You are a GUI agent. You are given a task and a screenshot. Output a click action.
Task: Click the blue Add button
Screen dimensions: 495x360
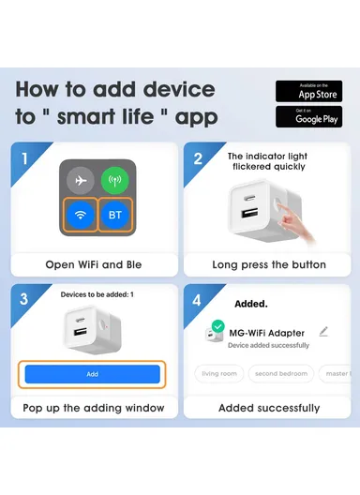click(x=92, y=373)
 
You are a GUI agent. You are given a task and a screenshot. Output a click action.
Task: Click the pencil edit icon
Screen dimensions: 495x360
click(x=323, y=331)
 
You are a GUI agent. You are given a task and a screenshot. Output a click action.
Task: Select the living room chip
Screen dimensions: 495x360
click(x=218, y=373)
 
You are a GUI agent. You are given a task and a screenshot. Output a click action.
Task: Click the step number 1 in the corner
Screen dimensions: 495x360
click(x=25, y=158)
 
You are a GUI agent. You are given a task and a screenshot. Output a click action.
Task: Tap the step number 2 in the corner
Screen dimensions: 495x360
click(x=198, y=158)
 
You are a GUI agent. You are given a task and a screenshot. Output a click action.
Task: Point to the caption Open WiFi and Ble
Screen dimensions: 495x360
click(x=93, y=264)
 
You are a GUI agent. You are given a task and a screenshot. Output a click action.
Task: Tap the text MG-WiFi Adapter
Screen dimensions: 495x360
click(x=267, y=333)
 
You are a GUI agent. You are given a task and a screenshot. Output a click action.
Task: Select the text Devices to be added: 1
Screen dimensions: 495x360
click(x=97, y=294)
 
